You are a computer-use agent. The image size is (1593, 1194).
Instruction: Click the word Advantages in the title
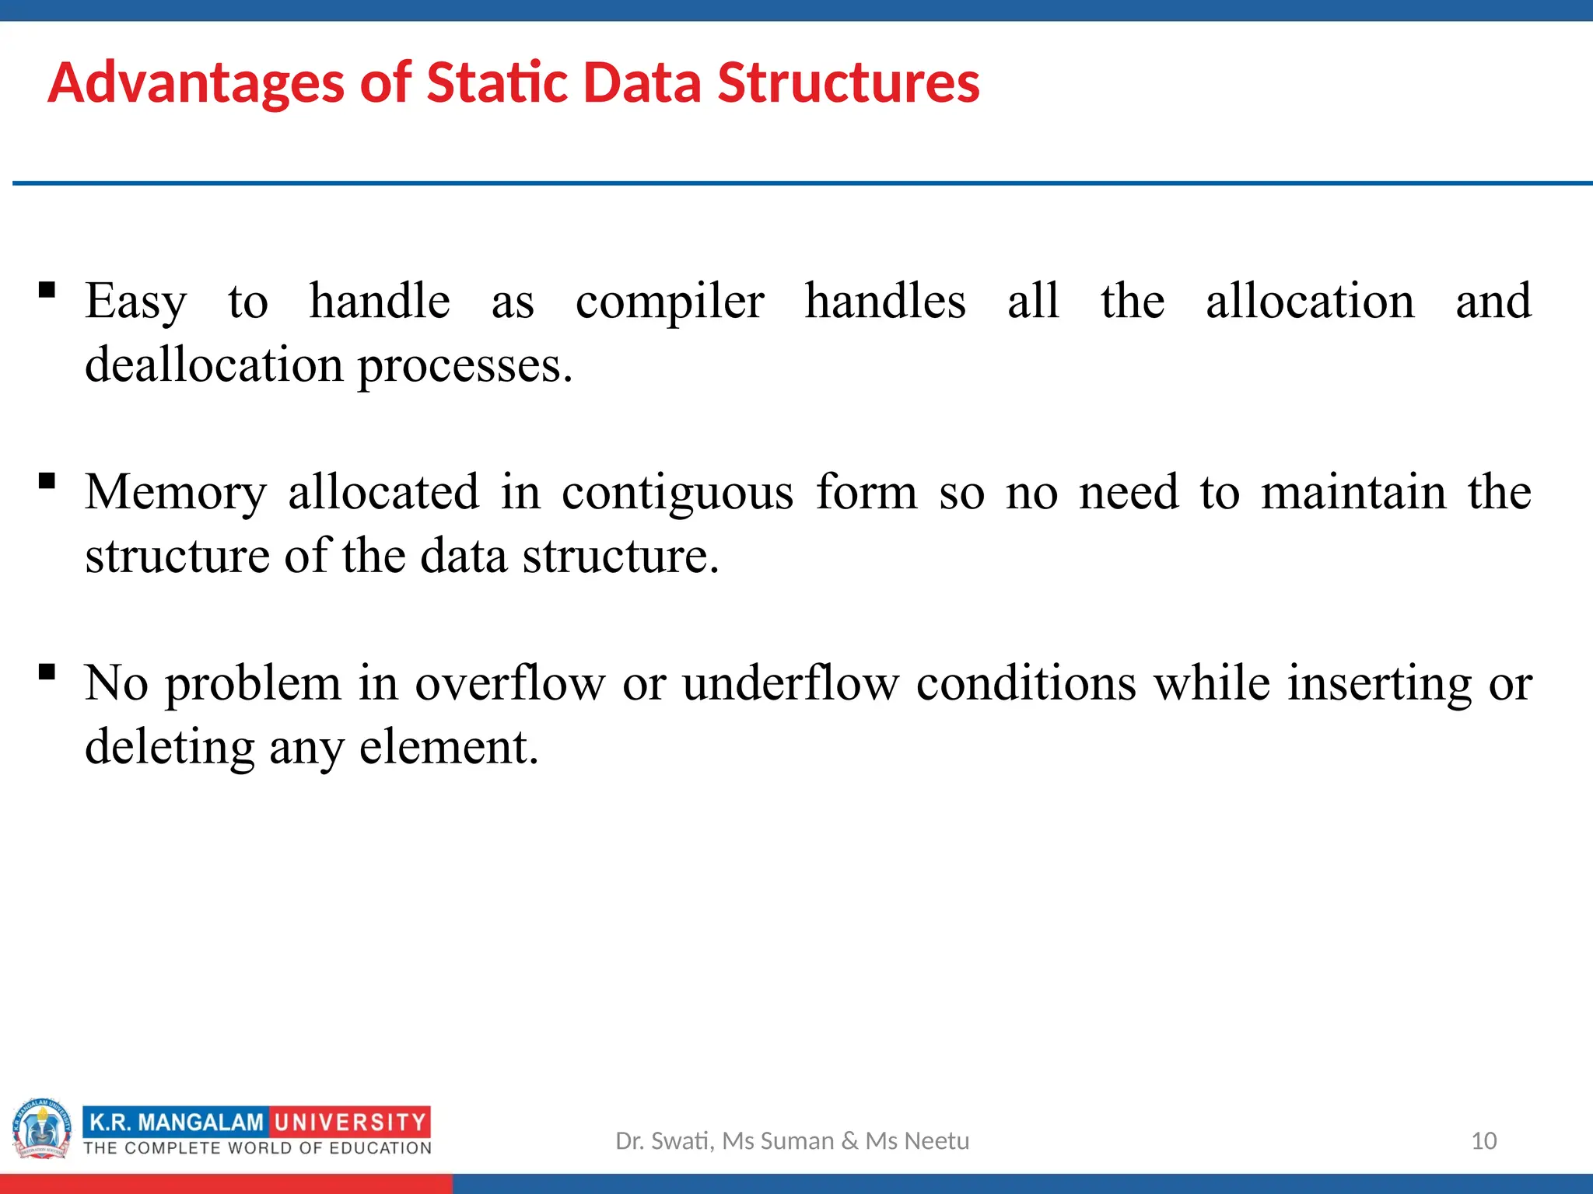[x=195, y=83]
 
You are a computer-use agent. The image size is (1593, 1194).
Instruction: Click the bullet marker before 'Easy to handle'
[x=47, y=291]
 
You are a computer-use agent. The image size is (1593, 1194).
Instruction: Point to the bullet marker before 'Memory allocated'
[x=47, y=481]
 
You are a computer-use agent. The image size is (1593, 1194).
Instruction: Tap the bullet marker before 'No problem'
[x=47, y=672]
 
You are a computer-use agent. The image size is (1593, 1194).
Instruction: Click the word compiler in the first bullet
[x=669, y=302]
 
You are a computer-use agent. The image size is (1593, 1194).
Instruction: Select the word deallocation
[x=213, y=365]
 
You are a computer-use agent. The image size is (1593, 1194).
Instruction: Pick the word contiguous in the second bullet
[x=677, y=493]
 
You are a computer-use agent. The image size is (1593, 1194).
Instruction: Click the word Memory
[x=176, y=493]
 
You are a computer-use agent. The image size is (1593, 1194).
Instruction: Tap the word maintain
[x=1353, y=493]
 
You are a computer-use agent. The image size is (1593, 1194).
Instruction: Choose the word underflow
[x=790, y=684]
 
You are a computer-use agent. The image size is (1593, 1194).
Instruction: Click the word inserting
[x=1379, y=684]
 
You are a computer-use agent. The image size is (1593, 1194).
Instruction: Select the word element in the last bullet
[x=448, y=748]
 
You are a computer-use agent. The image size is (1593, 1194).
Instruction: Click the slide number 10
[x=1483, y=1140]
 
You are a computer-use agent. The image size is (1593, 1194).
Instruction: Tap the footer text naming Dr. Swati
[x=792, y=1140]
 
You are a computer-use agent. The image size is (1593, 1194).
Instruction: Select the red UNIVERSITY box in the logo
[x=350, y=1122]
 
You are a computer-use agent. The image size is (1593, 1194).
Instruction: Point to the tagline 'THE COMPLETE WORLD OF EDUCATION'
[x=257, y=1148]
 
